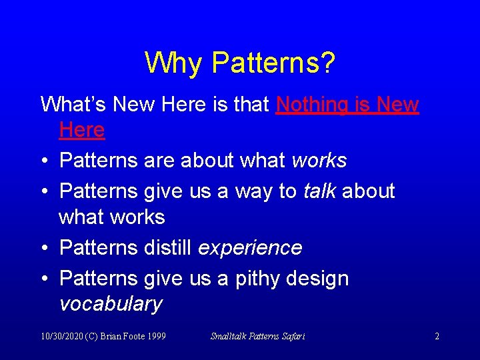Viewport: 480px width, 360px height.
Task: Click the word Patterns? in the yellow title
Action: (x=273, y=63)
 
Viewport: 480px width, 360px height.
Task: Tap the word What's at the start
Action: (x=73, y=105)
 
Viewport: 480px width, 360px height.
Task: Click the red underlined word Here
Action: (x=82, y=130)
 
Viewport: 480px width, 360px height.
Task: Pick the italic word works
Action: (x=319, y=161)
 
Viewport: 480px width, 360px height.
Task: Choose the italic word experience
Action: (x=251, y=248)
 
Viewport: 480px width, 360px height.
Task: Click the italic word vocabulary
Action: (x=111, y=304)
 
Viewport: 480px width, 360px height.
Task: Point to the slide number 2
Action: (x=437, y=337)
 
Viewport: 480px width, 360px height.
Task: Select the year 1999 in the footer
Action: (x=155, y=337)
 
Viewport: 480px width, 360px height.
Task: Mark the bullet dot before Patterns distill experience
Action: (x=44, y=249)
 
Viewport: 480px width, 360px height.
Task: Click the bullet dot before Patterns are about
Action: (x=44, y=161)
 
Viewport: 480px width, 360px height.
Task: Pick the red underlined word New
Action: (x=397, y=105)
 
